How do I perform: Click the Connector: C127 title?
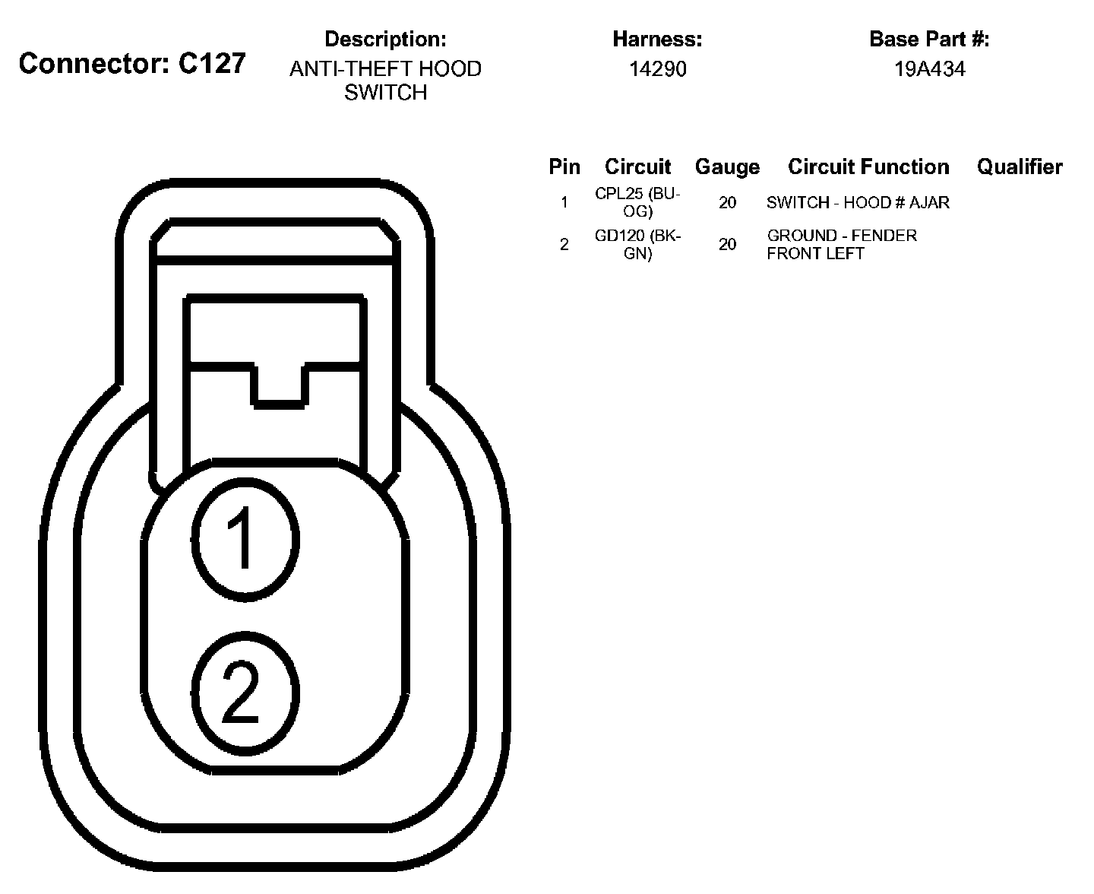click(x=132, y=63)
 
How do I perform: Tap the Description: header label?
click(x=385, y=39)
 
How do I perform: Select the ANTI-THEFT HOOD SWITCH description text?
click(x=385, y=81)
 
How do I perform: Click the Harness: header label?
click(x=657, y=39)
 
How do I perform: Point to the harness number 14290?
click(x=657, y=69)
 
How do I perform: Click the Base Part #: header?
click(x=929, y=39)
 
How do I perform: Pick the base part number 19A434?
click(x=929, y=69)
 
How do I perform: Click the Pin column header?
click(x=564, y=166)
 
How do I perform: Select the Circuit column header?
click(x=637, y=166)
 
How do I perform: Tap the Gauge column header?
click(x=727, y=167)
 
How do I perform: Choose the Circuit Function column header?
click(x=868, y=166)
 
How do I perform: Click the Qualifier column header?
click(x=1020, y=166)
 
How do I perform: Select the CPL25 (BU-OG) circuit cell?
click(x=637, y=202)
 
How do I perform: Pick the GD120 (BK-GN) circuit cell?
click(x=637, y=244)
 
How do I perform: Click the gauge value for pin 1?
click(x=727, y=203)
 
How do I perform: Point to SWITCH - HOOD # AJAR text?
click(x=858, y=203)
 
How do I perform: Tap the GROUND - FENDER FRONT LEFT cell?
click(x=842, y=244)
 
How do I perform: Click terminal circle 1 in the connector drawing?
click(x=244, y=538)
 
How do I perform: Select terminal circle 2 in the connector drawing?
click(x=244, y=693)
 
